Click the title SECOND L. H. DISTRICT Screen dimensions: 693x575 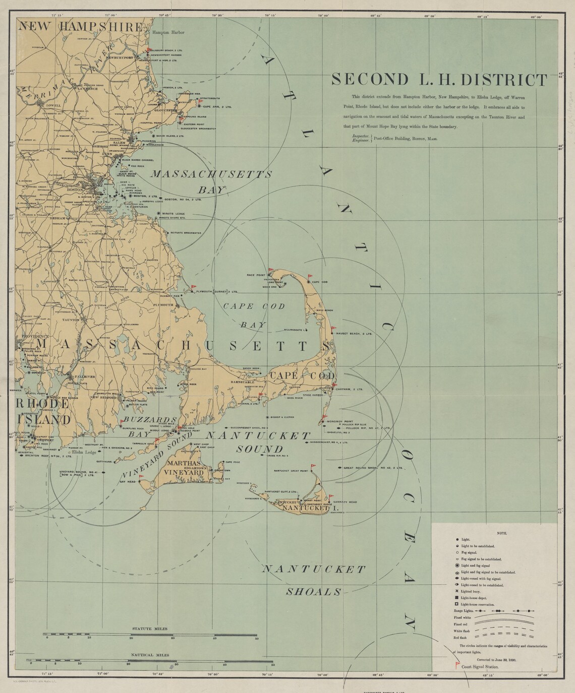click(x=439, y=80)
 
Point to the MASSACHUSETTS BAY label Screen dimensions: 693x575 click(x=212, y=181)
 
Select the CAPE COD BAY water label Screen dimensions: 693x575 click(x=254, y=316)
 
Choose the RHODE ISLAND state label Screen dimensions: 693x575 click(x=42, y=412)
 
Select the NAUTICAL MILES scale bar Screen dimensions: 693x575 click(x=151, y=661)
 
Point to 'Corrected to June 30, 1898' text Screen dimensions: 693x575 click(x=495, y=659)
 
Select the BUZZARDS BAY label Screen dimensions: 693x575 click(x=148, y=426)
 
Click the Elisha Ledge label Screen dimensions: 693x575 click(x=84, y=452)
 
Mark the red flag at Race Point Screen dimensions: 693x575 click(x=270, y=271)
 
